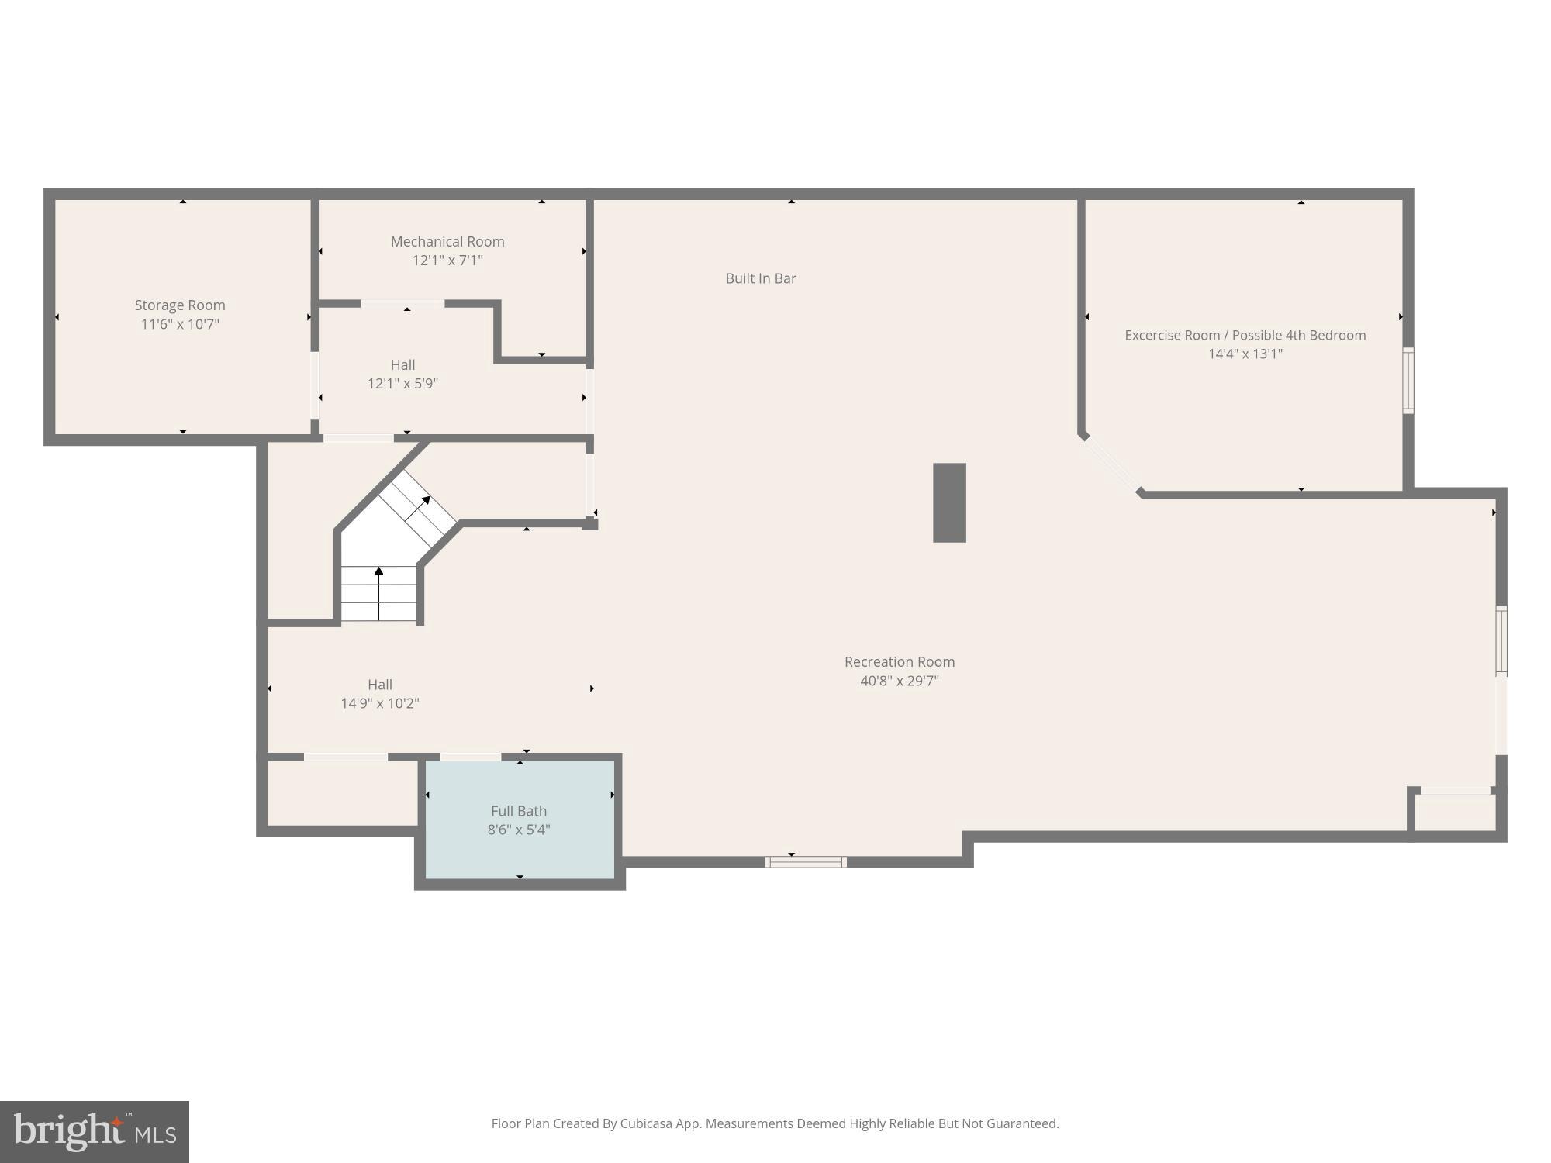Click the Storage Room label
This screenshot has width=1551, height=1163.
(x=180, y=305)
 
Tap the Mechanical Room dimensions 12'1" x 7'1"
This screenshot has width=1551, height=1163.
(x=447, y=261)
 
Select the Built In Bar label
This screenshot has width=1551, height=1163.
(x=760, y=278)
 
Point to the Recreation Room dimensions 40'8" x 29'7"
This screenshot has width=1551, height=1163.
(x=899, y=681)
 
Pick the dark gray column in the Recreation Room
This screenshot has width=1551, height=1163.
(x=949, y=502)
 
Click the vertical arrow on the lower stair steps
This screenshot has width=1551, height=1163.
(x=378, y=593)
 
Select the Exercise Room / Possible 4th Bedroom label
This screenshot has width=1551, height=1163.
(x=1245, y=335)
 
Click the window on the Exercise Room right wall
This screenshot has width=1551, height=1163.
(x=1408, y=381)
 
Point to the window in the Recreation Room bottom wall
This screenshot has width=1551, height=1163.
(x=805, y=861)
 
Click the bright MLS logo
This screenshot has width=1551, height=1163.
(x=95, y=1131)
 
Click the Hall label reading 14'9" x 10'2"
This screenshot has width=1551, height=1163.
(x=379, y=703)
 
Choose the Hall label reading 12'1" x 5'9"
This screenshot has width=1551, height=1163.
(x=402, y=383)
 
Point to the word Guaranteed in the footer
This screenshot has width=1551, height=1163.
(x=1024, y=1123)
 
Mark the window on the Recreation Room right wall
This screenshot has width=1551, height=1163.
(x=1501, y=640)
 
